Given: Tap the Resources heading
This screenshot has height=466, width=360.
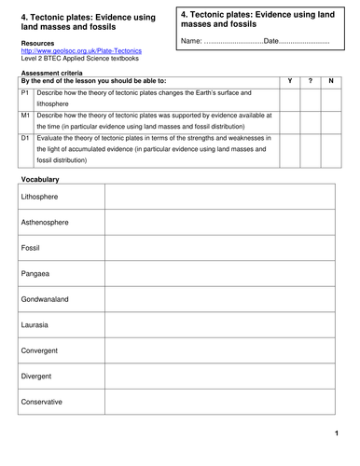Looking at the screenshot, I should (x=36, y=43).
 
